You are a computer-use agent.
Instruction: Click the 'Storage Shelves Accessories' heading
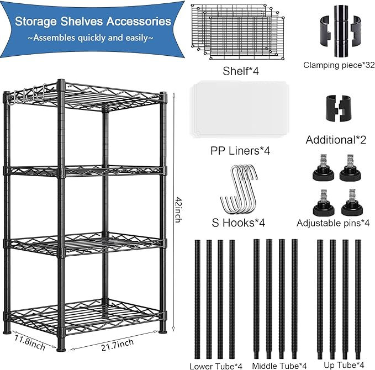coord(92,22)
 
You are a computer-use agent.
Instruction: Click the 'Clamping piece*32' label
coord(339,65)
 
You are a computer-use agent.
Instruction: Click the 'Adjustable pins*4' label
coord(332,223)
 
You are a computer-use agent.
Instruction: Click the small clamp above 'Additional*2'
coord(338,109)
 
